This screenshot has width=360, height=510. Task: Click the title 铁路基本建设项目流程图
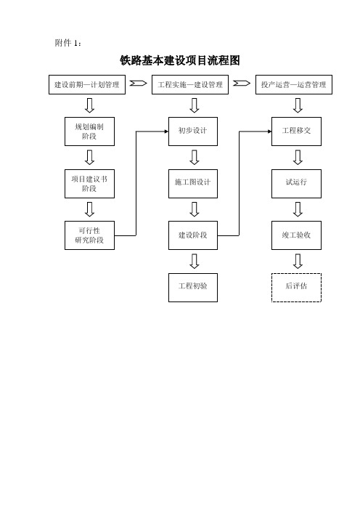pos(180,60)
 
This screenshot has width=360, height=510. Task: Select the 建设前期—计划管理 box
pos(87,85)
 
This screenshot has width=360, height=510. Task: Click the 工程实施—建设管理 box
pos(190,85)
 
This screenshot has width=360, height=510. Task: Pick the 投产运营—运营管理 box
pos(294,85)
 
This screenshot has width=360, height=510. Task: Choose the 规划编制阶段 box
pos(89,131)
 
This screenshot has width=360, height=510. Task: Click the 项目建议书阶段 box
pos(89,184)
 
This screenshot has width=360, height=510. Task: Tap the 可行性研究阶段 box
pos(89,235)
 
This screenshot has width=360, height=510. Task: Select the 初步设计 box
pos(193,131)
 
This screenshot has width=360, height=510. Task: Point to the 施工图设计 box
pos(193,184)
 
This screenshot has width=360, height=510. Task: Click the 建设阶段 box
pos(193,235)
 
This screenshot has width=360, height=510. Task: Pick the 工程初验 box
pos(193,288)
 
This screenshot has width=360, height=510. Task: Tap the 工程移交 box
pos(296,131)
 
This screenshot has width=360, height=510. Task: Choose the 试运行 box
pos(296,184)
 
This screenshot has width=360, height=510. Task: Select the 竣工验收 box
pos(296,235)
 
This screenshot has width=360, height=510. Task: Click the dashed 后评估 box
pos(296,288)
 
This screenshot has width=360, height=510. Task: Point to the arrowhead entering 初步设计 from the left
pos(166,131)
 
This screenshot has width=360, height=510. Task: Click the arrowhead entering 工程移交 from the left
pos(270,131)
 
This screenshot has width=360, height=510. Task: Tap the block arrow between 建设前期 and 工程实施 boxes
pos(139,84)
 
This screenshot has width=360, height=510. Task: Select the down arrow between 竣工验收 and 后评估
pos(298,262)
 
